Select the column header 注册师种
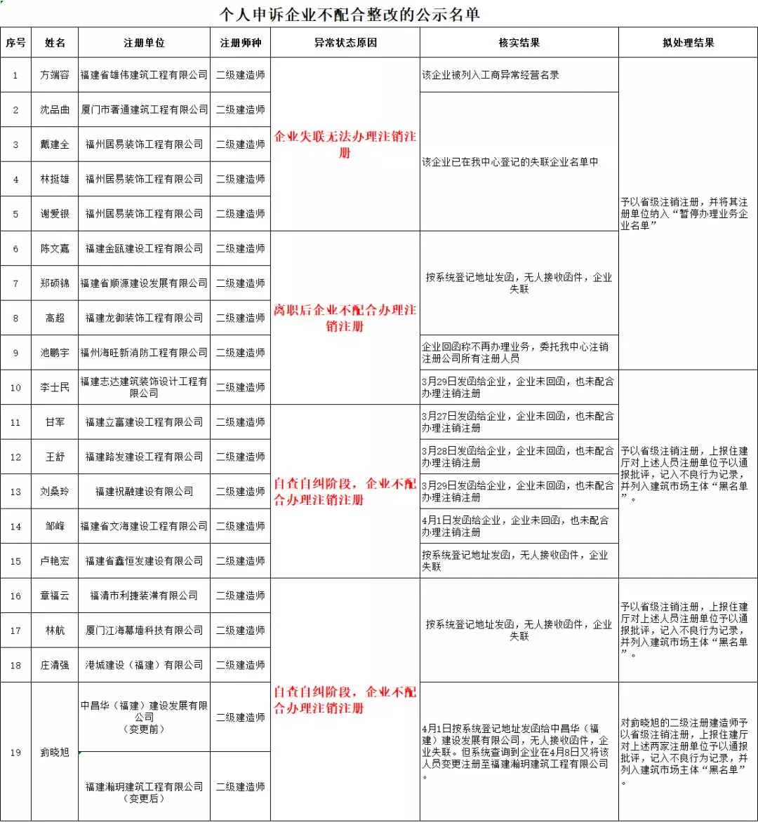pyautogui.click(x=240, y=43)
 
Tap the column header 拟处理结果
pyautogui.click(x=688, y=43)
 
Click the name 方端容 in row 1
pyautogui.click(x=55, y=75)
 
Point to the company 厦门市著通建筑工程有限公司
pyautogui.click(x=145, y=109)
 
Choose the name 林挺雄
pyautogui.click(x=55, y=179)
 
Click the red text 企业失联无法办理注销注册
pyautogui.click(x=345, y=144)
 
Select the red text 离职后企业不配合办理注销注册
pyautogui.click(x=345, y=318)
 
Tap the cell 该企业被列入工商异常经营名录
pyautogui.click(x=491, y=75)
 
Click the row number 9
pyautogui.click(x=15, y=353)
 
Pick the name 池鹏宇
pyautogui.click(x=55, y=353)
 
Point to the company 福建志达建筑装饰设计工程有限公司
pyautogui.click(x=145, y=387)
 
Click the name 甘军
pyautogui.click(x=55, y=422)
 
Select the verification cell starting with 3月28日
pyautogui.click(x=518, y=457)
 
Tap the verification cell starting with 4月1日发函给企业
pyautogui.click(x=518, y=526)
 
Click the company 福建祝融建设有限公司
pyautogui.click(x=145, y=492)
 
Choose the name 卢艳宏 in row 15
pyautogui.click(x=55, y=561)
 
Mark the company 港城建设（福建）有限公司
pyautogui.click(x=145, y=665)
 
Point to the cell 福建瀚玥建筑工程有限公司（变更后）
pyautogui.click(x=145, y=793)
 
